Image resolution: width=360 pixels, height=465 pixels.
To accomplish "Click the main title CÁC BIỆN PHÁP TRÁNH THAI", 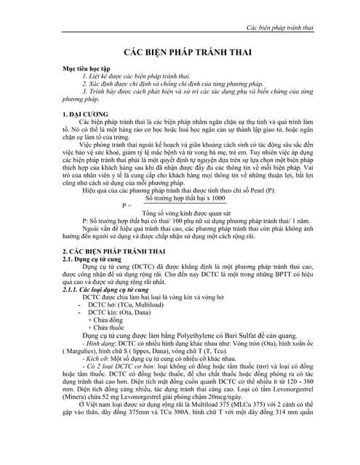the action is point(180,54).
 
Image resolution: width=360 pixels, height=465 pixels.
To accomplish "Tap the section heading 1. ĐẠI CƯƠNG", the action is point(87,116).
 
